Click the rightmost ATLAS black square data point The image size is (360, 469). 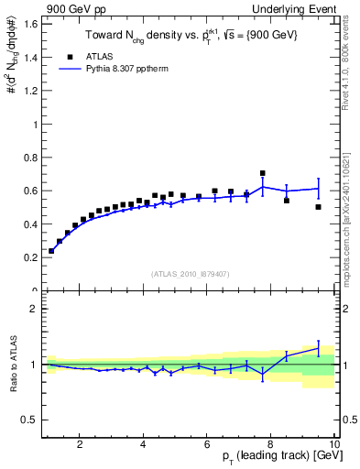pyautogui.click(x=319, y=207)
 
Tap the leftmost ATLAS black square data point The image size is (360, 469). pyautogui.click(x=51, y=250)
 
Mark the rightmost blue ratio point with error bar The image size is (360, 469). pyautogui.click(x=319, y=347)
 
